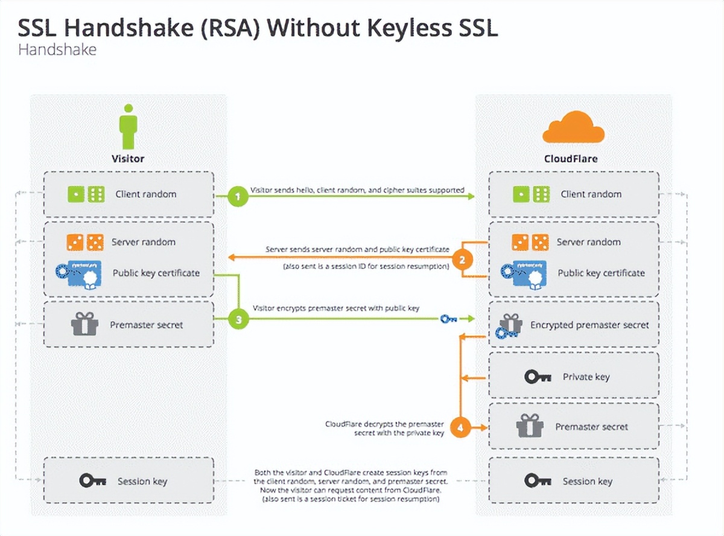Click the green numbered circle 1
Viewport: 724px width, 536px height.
click(238, 197)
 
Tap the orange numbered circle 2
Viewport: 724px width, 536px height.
click(462, 260)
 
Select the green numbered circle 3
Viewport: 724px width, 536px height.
click(239, 319)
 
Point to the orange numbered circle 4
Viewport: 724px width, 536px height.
click(461, 428)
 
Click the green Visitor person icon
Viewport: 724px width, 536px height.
click(128, 127)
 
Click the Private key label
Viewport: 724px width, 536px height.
click(586, 377)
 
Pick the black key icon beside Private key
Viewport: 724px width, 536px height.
click(538, 377)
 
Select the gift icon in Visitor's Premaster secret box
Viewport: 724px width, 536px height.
click(84, 324)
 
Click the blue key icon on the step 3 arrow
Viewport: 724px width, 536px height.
click(449, 319)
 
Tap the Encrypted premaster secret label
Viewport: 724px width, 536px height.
click(589, 325)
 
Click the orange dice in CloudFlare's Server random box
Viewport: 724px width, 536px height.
click(530, 242)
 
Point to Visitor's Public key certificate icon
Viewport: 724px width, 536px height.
click(77, 273)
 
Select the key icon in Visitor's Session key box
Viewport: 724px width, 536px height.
click(93, 481)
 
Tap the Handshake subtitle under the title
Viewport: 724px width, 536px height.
click(57, 49)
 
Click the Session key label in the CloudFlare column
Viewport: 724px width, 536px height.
click(587, 481)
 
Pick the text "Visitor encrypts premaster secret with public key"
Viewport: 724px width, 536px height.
click(335, 308)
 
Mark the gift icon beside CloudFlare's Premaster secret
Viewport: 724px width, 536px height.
click(530, 426)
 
